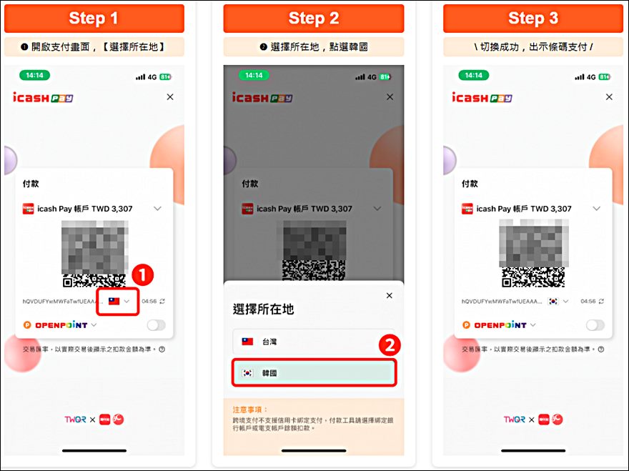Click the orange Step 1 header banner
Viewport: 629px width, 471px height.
coord(94,18)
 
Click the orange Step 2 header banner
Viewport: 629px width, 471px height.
coord(313,18)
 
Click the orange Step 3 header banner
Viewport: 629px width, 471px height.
coord(533,18)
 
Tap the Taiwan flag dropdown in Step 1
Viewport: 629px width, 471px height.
coord(119,302)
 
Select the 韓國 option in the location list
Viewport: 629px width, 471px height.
coord(313,373)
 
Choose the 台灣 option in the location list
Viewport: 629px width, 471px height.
coord(313,342)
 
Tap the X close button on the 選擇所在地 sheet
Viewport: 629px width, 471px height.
coord(389,295)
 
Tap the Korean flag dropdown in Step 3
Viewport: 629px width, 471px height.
coord(558,302)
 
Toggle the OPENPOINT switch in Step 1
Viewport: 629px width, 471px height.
coord(156,325)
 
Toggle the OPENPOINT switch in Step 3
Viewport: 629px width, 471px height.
coord(595,325)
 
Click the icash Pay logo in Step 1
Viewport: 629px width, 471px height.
coord(43,98)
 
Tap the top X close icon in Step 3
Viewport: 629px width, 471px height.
coord(608,97)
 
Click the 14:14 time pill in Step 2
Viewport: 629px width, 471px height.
coord(254,76)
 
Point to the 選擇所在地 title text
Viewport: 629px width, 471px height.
coord(263,309)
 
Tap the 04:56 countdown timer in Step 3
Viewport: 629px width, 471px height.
coord(588,302)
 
